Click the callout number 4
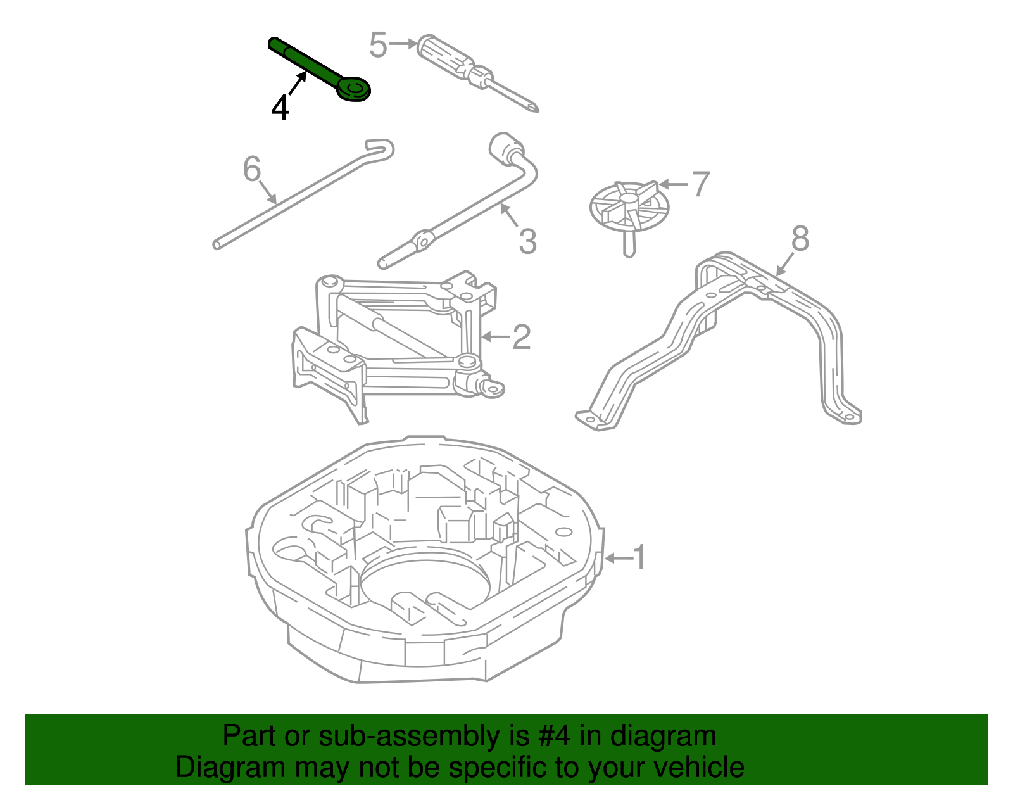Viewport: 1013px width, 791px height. [x=280, y=107]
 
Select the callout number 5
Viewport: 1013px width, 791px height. [x=378, y=45]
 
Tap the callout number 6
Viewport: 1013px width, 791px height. [x=252, y=169]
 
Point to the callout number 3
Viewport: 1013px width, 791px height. [x=527, y=241]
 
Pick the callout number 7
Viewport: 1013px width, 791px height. [x=700, y=184]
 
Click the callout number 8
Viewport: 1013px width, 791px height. [x=800, y=239]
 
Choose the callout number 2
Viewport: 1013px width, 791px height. [x=521, y=337]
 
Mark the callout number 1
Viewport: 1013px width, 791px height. [x=639, y=557]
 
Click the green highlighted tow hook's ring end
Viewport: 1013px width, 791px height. [x=353, y=89]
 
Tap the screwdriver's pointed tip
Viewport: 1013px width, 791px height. [x=536, y=109]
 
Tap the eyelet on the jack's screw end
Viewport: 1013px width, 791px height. [x=492, y=388]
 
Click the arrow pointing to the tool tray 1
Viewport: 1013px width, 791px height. [x=618, y=558]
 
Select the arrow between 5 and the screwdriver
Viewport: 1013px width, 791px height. [x=403, y=44]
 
